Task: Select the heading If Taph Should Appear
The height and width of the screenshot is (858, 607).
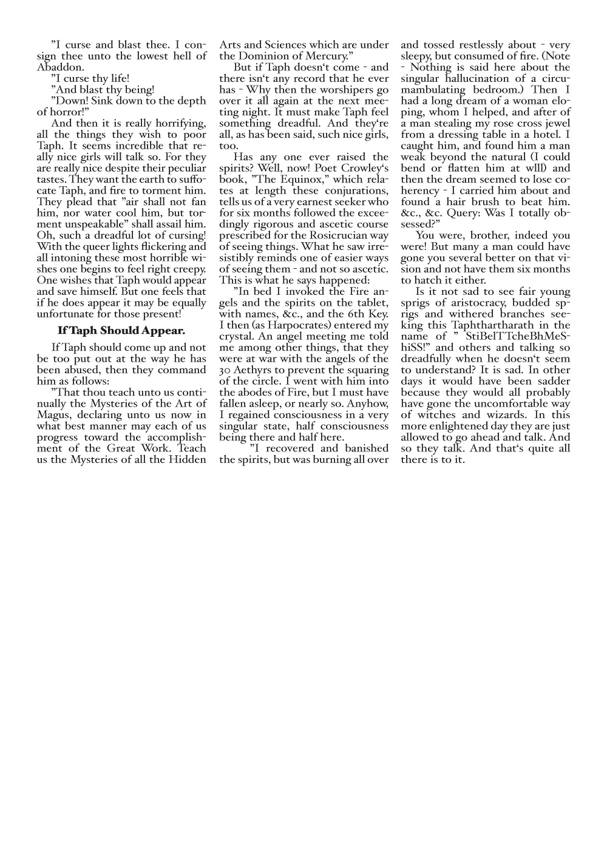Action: tap(121, 331)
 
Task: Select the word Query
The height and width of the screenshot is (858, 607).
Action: tap(447, 213)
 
